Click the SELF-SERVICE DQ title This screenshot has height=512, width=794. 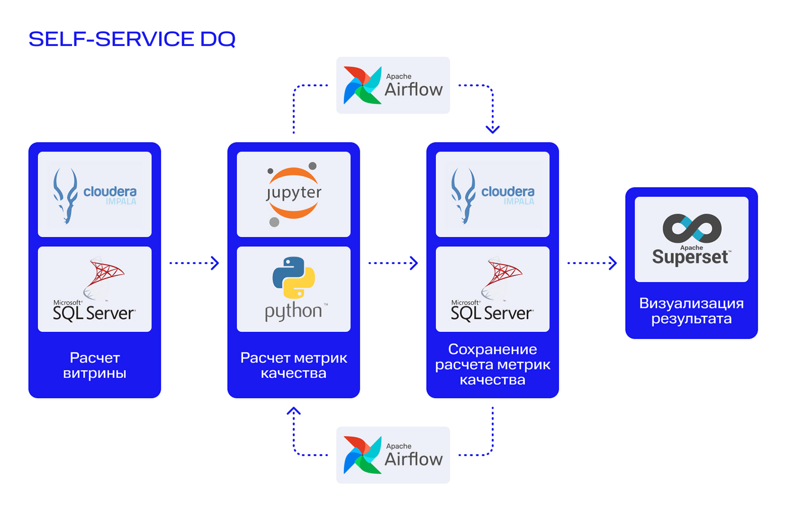132,39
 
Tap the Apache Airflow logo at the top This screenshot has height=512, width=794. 393,86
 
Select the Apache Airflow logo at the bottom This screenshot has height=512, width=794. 393,455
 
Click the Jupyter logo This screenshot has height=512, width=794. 294,194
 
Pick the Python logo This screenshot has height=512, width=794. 294,289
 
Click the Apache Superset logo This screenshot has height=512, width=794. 692,240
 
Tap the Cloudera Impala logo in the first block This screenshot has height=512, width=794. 95,195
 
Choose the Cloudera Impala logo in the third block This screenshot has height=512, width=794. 493,195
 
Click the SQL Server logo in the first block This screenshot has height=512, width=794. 94,289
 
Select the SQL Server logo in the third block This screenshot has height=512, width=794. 492,289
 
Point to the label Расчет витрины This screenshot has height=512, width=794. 95,365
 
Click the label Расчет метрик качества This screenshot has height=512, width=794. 294,365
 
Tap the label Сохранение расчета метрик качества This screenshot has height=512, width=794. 493,365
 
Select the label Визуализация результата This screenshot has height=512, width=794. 692,311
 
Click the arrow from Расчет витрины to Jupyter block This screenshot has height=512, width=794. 194,263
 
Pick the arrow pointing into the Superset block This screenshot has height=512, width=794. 592,263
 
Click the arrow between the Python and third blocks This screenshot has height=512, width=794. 393,263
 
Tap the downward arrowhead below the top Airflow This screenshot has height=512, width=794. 493,129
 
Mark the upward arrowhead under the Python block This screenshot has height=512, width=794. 294,411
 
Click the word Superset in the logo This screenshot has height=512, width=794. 690,257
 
